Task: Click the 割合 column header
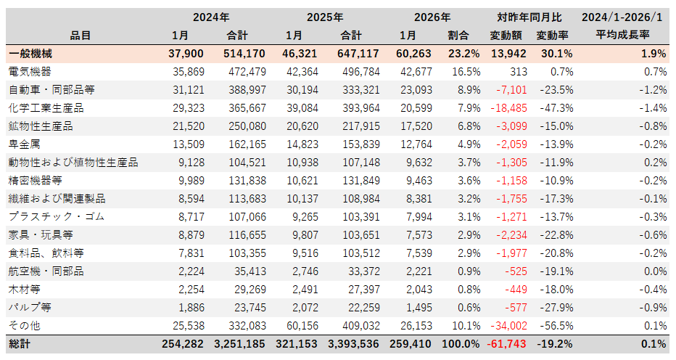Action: pos(458,35)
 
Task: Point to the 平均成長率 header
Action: pos(622,35)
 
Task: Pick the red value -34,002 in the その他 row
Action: pos(505,325)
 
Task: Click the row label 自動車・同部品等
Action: pos(51,89)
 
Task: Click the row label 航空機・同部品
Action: pos(46,271)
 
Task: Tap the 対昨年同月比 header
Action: pos(528,17)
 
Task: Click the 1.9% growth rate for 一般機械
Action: pos(654,53)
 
